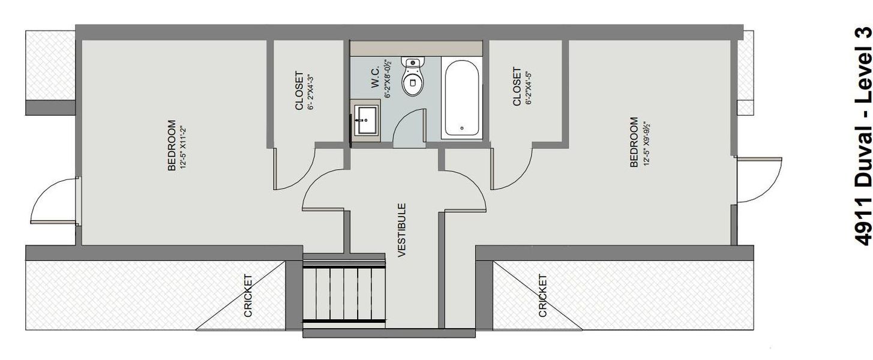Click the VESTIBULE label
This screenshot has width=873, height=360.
click(402, 230)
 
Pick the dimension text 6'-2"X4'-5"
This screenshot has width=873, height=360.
click(529, 88)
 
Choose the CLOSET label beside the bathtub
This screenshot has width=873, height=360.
click(517, 88)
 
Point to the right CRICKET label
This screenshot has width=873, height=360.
click(543, 295)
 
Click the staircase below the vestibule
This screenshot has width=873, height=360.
click(343, 293)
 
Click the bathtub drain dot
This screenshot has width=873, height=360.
click(461, 128)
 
